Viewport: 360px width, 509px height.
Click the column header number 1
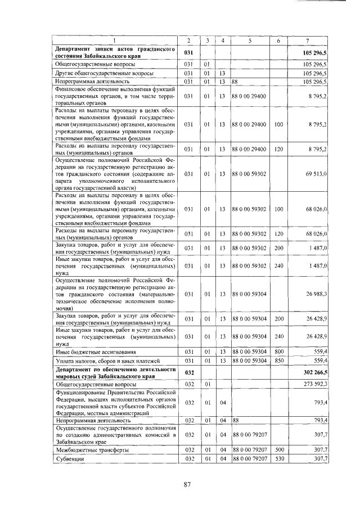(116, 40)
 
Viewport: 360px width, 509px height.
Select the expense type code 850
(278, 361)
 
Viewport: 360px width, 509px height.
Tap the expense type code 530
(278, 459)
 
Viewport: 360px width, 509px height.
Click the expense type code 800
(278, 352)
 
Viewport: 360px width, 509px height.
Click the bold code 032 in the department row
(189, 372)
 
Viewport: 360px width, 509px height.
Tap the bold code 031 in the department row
(189, 52)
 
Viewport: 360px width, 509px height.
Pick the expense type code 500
(278, 450)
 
